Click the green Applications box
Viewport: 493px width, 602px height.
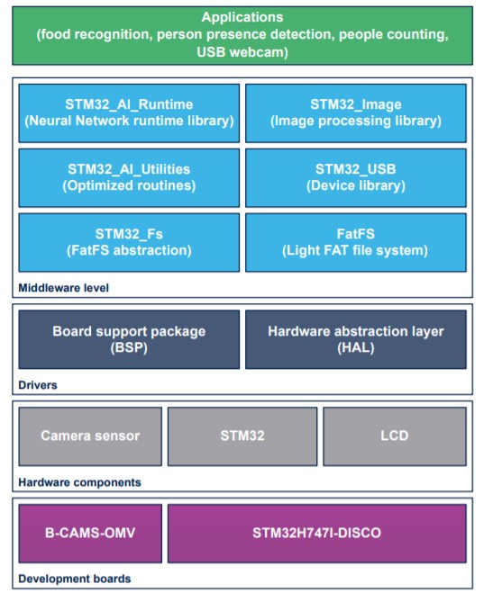pyautogui.click(x=242, y=36)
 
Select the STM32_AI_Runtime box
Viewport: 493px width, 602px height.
pyautogui.click(x=129, y=113)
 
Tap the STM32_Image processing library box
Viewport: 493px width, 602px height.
pyautogui.click(x=356, y=113)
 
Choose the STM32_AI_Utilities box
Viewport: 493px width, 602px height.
pyautogui.click(x=129, y=178)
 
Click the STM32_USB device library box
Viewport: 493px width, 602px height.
pyautogui.click(x=356, y=178)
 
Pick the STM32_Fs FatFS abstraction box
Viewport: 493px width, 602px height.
pyautogui.click(x=129, y=243)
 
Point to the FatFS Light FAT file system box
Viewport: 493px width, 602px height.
pyautogui.click(x=356, y=243)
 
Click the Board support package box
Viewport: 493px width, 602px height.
pyautogui.click(x=129, y=340)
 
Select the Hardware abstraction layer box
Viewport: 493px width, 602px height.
pyautogui.click(x=356, y=340)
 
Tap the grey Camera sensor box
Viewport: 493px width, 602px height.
pyautogui.click(x=90, y=436)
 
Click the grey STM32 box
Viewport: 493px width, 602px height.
pyautogui.click(x=242, y=436)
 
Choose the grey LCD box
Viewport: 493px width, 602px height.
pyautogui.click(x=395, y=436)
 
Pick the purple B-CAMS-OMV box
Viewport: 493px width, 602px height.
pyautogui.click(x=90, y=534)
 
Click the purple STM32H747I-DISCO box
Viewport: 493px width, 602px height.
pyautogui.click(x=317, y=534)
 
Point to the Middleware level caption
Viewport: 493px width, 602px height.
pyautogui.click(x=63, y=288)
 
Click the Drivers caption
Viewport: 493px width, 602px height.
pyautogui.click(x=38, y=385)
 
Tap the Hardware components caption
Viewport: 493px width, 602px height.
pyautogui.click(x=79, y=482)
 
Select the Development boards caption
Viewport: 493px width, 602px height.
pyautogui.click(x=75, y=579)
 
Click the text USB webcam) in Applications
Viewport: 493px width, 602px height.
pyautogui.click(x=242, y=52)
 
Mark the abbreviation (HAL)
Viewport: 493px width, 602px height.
pyautogui.click(x=356, y=348)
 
